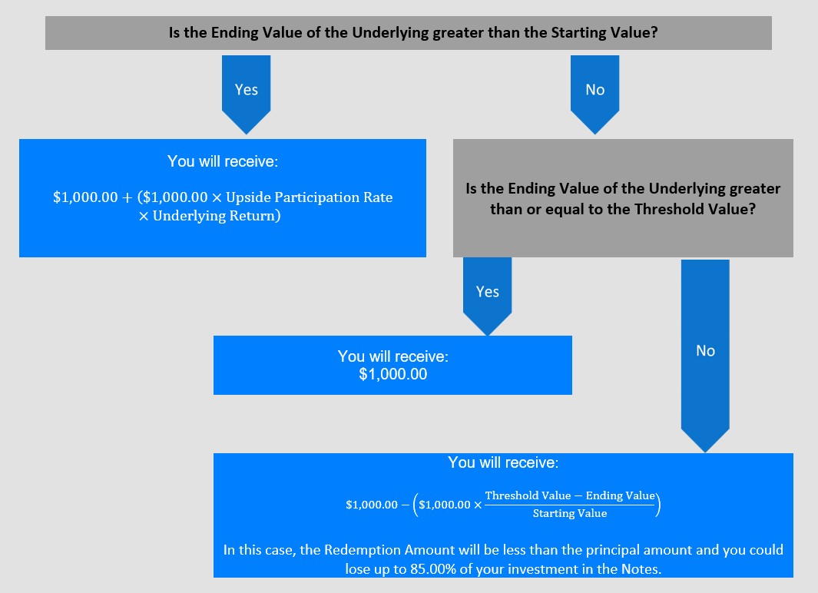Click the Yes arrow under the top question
[x=247, y=94]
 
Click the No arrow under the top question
[x=594, y=94]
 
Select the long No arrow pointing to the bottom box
[x=705, y=356]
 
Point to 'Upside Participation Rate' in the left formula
[x=310, y=197]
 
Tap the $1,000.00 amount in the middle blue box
[x=392, y=374]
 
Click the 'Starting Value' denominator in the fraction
[x=570, y=513]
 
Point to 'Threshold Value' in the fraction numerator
[x=528, y=495]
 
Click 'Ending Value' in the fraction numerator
[x=620, y=495]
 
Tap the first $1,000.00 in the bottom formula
[x=372, y=505]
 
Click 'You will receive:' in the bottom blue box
[x=503, y=462]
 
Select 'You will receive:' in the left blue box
[x=223, y=161]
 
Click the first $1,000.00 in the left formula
[x=85, y=197]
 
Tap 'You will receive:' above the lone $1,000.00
[x=392, y=356]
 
